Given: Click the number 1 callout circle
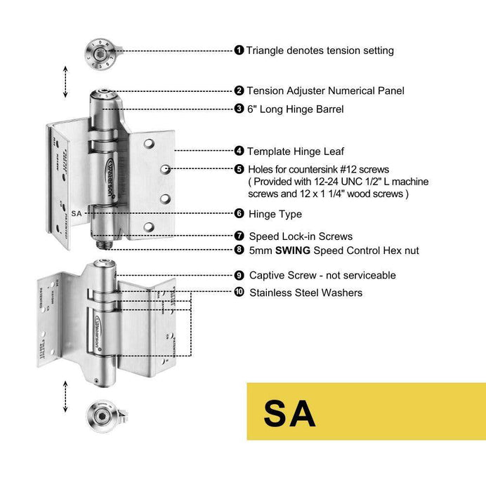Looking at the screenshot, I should pos(239,51).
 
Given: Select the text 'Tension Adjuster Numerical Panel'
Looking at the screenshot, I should pos(325,90).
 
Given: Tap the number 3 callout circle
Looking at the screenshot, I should pos(239,109).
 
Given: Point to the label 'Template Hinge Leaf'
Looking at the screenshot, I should pos(296,151).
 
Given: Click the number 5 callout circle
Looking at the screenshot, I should pos(239,169).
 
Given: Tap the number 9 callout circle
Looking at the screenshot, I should pos(239,276).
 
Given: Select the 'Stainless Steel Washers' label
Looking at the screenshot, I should pos(306,292).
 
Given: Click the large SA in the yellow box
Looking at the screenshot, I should pos(289,413).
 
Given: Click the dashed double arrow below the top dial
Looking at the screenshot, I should pos(65,82).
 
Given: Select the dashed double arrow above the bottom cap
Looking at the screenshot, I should pos(65,396).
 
